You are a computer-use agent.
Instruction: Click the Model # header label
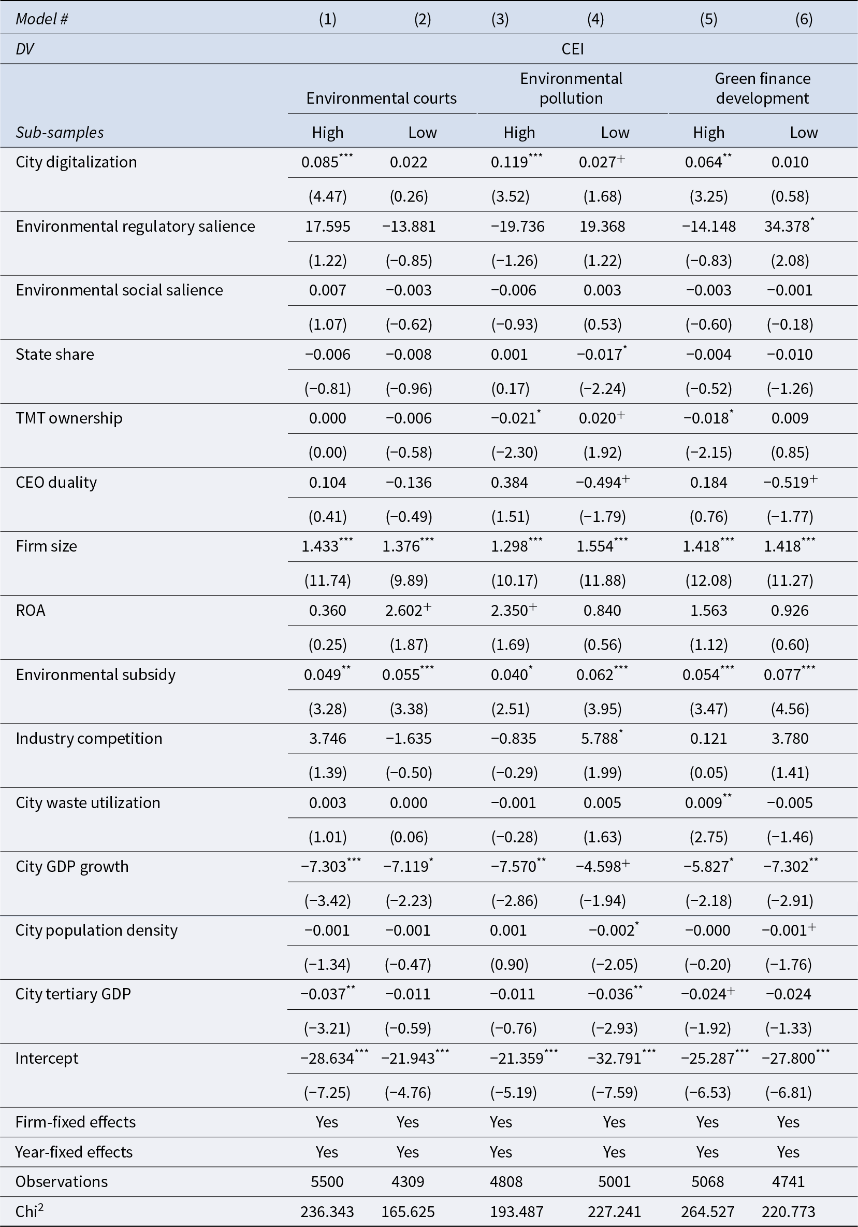click(x=41, y=19)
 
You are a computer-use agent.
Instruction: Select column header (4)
click(x=595, y=19)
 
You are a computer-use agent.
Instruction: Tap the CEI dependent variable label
click(x=572, y=49)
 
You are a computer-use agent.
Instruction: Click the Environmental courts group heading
click(x=381, y=98)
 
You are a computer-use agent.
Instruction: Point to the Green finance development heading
click(x=762, y=88)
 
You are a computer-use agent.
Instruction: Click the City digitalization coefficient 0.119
click(x=516, y=162)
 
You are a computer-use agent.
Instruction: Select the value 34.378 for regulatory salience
click(x=789, y=226)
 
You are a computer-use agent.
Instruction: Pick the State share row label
click(x=55, y=355)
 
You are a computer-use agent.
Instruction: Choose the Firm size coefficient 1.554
click(x=602, y=546)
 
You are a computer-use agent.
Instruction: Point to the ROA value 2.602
click(x=407, y=610)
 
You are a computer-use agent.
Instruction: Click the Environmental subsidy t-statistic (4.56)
click(x=790, y=709)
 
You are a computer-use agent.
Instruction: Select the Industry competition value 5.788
click(x=601, y=739)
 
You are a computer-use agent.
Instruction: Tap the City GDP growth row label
click(x=72, y=866)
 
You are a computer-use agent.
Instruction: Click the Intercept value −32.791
click(x=622, y=1058)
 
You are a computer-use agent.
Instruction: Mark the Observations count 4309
click(x=408, y=1181)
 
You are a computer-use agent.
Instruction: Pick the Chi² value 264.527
click(x=707, y=1211)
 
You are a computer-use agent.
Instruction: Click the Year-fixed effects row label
click(x=74, y=1152)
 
